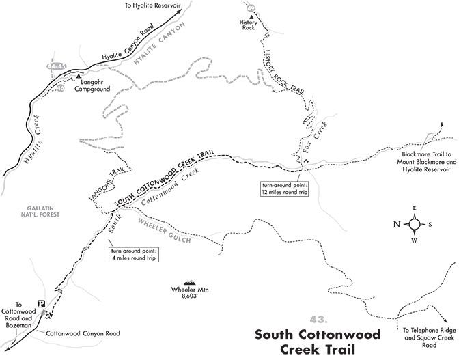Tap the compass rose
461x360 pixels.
coord(415,223)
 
